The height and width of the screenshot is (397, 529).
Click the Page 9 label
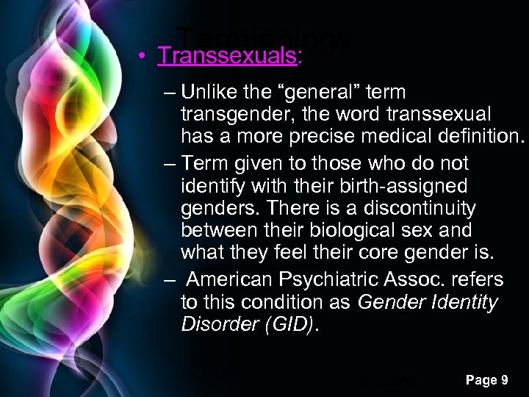click(487, 379)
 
